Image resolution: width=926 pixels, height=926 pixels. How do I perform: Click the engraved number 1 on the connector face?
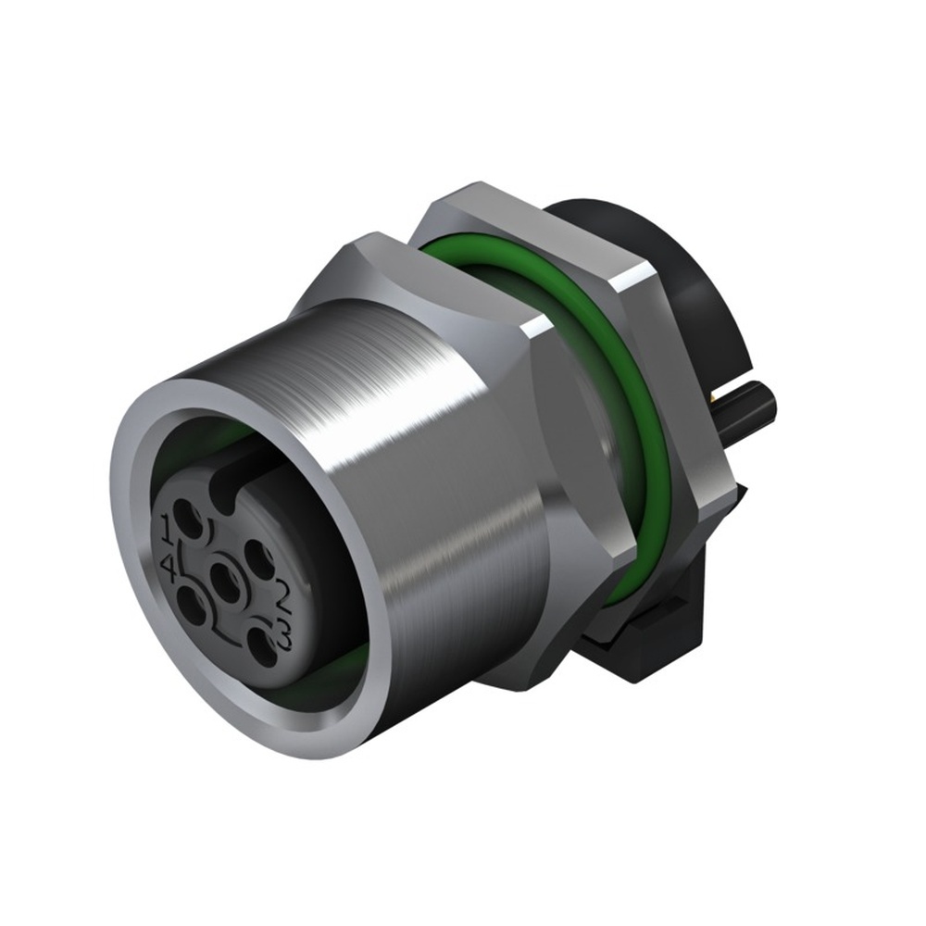pyautogui.click(x=167, y=530)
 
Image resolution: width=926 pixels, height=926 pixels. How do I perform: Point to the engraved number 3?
pyautogui.click(x=283, y=635)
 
